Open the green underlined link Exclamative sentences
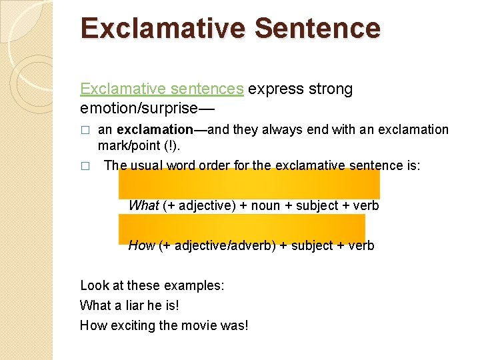point(162,89)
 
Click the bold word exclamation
point(154,129)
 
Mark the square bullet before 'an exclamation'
point(84,130)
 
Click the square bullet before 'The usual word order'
point(84,166)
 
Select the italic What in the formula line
point(143,205)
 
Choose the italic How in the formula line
point(141,245)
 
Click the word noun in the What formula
point(265,205)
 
